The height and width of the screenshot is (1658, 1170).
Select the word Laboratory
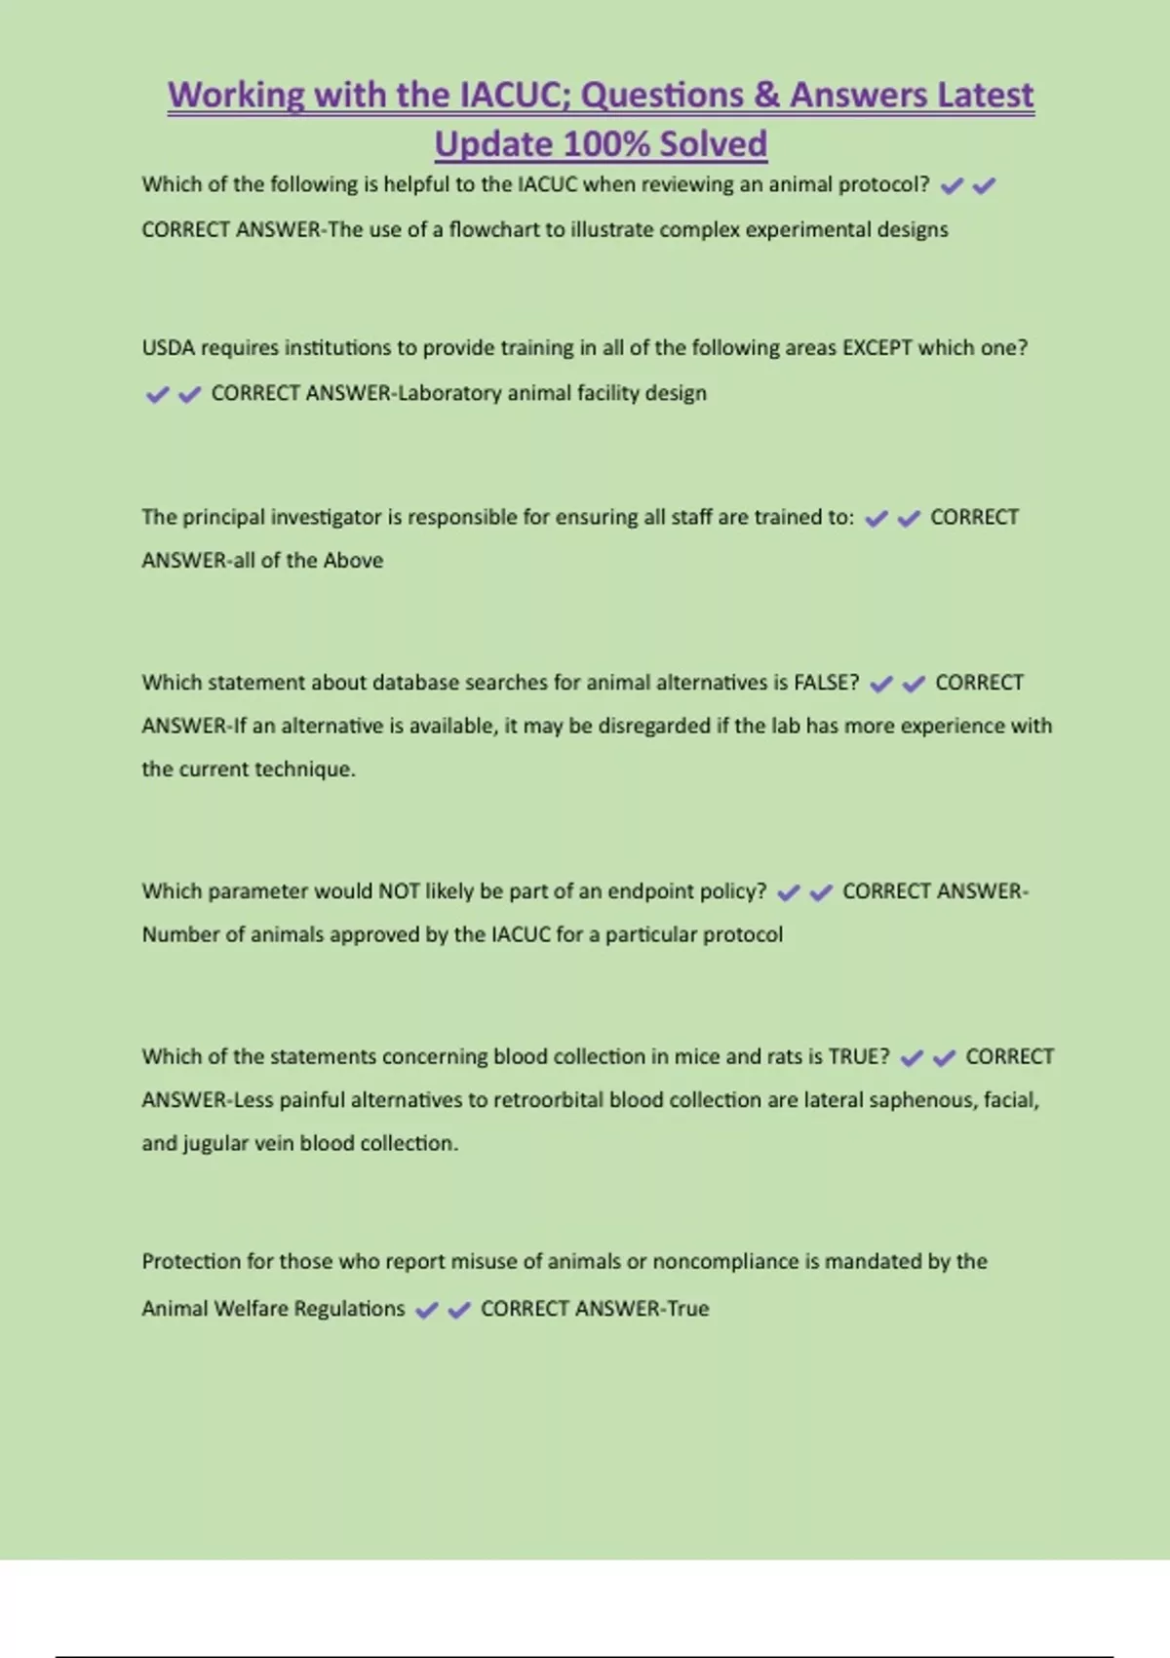(449, 393)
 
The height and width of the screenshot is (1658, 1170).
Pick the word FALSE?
(826, 683)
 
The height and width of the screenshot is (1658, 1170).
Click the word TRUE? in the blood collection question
(858, 1056)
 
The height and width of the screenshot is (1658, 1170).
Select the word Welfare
(249, 1309)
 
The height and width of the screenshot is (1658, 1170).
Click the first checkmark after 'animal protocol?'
(952, 185)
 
